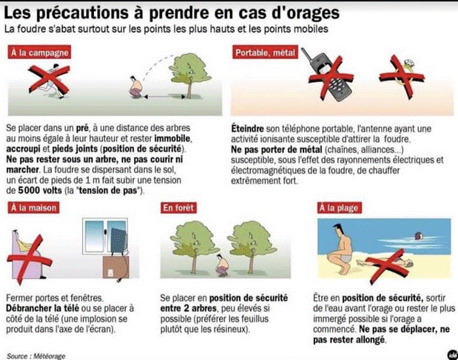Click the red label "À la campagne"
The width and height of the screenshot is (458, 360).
tap(39, 52)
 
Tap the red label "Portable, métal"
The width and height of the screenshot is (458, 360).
tap(265, 52)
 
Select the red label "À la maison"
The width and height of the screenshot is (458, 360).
tap(33, 208)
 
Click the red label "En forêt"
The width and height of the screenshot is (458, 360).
tap(178, 208)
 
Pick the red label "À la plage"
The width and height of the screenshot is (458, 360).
tap(339, 208)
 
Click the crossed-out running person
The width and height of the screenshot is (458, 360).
tap(53, 82)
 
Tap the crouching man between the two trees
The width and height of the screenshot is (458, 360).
tap(223, 265)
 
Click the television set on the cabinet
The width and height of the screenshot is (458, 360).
tap(118, 241)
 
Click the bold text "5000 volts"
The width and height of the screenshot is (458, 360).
tap(40, 191)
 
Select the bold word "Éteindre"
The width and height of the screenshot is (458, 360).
tap(247, 129)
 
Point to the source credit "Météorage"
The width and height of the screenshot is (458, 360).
tap(49, 356)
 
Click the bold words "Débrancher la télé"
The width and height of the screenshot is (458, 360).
tap(42, 308)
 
